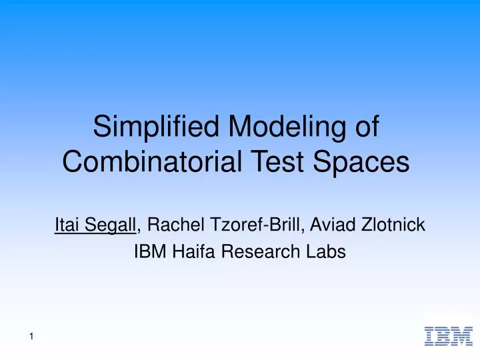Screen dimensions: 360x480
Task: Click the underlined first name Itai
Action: pos(66,226)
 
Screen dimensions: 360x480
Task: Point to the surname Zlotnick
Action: pos(393,226)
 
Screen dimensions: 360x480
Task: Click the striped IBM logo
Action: pos(448,336)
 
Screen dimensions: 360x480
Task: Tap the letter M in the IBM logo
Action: pos(461,336)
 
